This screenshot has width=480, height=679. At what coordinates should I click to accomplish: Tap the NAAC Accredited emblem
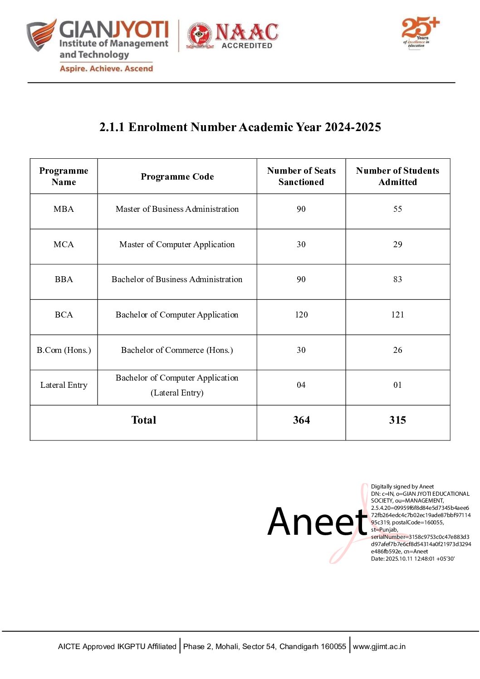coord(232,35)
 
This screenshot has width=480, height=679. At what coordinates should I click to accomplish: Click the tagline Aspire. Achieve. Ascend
coord(106,68)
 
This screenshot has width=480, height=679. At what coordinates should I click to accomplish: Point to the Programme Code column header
coord(177,176)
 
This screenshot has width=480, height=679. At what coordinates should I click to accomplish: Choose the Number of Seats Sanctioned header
coord(301,176)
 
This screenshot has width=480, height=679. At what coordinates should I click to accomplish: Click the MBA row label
coord(64,209)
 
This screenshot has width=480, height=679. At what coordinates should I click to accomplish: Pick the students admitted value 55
coord(397,209)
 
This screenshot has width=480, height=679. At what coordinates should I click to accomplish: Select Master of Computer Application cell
coord(177,244)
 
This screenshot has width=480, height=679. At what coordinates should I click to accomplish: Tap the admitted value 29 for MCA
coord(397,244)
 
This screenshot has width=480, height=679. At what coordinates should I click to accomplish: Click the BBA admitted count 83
coord(397,279)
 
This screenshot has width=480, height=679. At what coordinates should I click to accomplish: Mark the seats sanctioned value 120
coord(301,315)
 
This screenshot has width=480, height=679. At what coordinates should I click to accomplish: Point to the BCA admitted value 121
coord(397,315)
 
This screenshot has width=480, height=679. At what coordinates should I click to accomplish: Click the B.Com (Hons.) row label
coord(64,350)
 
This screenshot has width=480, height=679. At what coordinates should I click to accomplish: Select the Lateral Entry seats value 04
coord(301,385)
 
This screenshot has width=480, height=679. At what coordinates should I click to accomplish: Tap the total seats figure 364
coord(301,420)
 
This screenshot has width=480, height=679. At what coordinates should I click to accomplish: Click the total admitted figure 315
coord(397,420)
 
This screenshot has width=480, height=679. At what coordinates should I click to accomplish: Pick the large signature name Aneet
coord(317,522)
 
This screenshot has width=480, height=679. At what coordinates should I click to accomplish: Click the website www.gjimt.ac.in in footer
coord(379,646)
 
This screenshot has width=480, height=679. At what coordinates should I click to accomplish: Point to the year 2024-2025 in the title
coord(353,127)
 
